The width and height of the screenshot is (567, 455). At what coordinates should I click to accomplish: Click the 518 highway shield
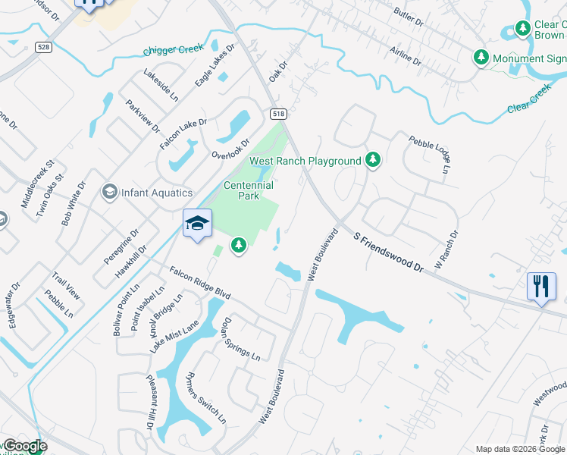[x=277, y=113]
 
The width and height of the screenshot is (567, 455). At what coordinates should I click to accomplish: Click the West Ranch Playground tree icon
[x=372, y=160]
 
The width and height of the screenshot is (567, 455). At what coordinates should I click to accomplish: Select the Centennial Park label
[x=248, y=190]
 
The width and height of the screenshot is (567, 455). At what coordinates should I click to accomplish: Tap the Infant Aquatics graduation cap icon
[x=110, y=193]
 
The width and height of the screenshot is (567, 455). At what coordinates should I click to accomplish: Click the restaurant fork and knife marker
[x=540, y=287]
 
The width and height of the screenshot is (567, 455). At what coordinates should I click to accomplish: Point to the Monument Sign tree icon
[x=481, y=58]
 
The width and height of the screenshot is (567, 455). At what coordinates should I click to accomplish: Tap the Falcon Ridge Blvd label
[x=199, y=283]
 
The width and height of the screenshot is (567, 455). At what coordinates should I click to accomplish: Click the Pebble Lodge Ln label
[x=430, y=154]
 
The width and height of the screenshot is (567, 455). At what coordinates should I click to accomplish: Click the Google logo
[x=24, y=446]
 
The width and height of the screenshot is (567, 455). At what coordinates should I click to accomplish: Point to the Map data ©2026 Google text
[x=520, y=449]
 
